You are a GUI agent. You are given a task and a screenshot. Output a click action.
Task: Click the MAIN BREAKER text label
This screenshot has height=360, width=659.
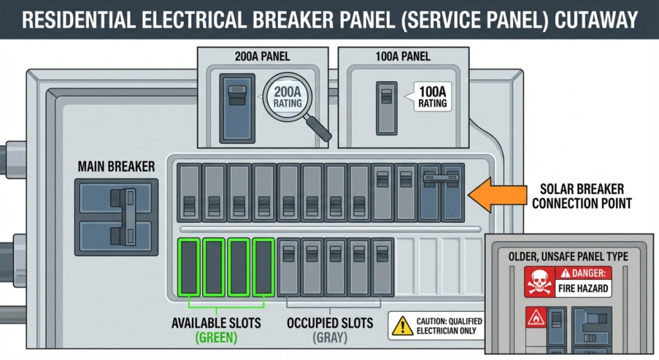pyautogui.click(x=116, y=166)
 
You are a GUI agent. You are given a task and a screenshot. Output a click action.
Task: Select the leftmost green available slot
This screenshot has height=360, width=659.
pyautogui.click(x=189, y=267)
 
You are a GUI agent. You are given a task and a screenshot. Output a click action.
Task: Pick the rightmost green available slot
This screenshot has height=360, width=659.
pyautogui.click(x=263, y=267)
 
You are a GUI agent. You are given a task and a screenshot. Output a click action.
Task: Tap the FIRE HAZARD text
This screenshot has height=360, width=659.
pyautogui.click(x=583, y=289)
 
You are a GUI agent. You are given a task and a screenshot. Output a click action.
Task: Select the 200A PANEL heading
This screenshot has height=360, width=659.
pyautogui.click(x=262, y=57)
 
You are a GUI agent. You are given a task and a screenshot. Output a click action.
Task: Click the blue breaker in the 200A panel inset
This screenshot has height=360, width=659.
pyautogui.click(x=236, y=108)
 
